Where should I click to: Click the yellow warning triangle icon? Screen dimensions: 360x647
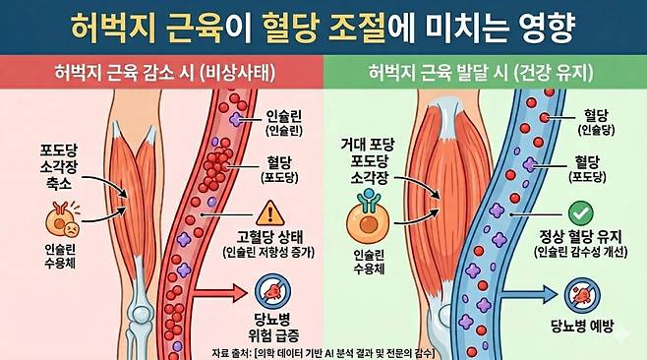click(x=267, y=211)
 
